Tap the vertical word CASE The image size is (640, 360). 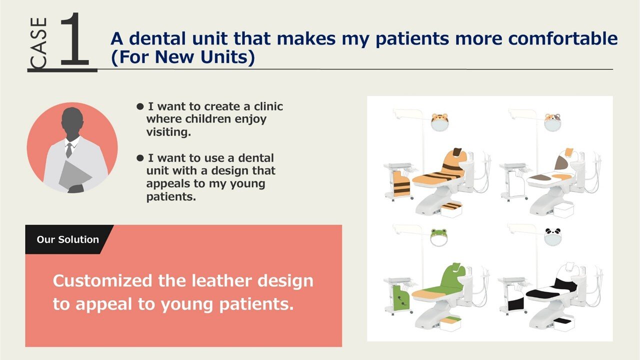39,43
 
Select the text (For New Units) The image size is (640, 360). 183,56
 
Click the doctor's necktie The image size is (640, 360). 69,150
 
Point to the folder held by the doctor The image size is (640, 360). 74,175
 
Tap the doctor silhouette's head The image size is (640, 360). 72,121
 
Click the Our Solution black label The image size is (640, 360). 67,239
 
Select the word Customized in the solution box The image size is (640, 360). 102,281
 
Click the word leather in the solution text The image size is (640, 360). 222,281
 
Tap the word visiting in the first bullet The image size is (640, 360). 168,132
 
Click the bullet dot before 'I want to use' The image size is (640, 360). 140,158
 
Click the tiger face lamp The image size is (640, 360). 439,122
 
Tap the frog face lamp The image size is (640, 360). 439,237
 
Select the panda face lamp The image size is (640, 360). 553,237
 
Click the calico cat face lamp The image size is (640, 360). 552,122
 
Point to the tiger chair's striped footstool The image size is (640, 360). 451,206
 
